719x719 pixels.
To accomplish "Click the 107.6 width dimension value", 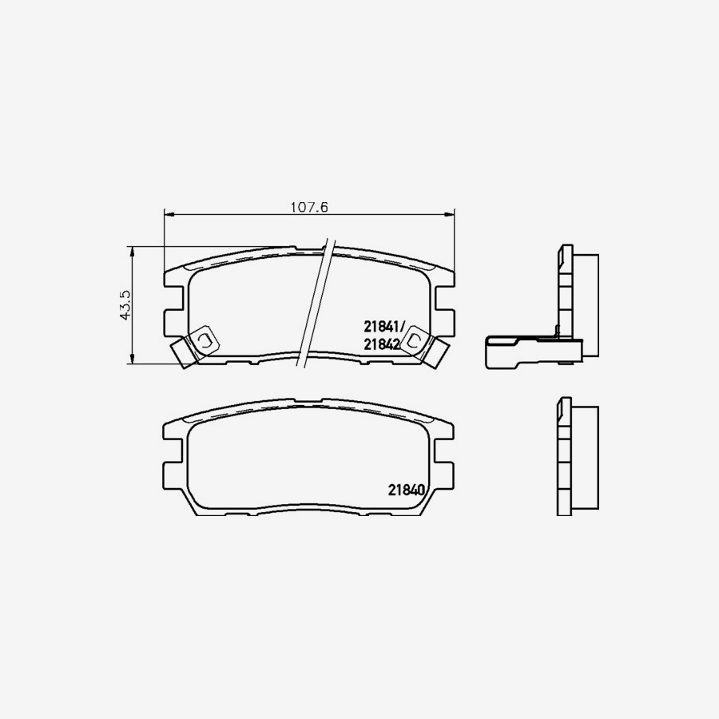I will click(309, 207).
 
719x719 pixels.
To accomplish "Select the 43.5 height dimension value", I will click(125, 305).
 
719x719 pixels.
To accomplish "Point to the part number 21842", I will click(382, 344).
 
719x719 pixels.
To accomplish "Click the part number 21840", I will click(405, 491).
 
